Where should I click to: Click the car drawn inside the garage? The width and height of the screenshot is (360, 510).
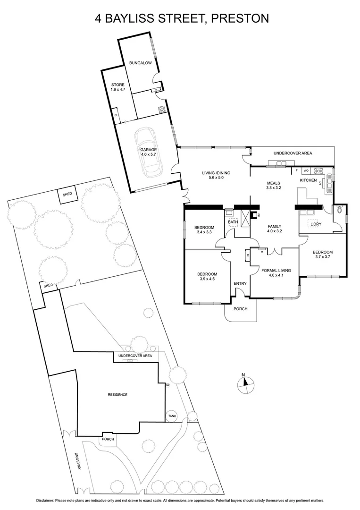148,152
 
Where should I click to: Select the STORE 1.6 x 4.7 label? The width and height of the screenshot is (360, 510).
118,87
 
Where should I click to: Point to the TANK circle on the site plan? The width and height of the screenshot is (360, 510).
172,416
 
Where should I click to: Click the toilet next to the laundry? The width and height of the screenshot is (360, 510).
339,213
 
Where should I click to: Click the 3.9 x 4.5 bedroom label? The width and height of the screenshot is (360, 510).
207,277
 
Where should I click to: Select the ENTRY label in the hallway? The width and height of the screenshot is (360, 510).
240,283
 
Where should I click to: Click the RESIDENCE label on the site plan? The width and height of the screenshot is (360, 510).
117,395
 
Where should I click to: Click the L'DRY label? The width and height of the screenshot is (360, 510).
316,224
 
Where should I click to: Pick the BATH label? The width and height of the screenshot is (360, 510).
233,221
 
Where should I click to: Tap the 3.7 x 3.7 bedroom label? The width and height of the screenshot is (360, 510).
323,255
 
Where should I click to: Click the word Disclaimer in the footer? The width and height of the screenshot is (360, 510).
47,500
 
